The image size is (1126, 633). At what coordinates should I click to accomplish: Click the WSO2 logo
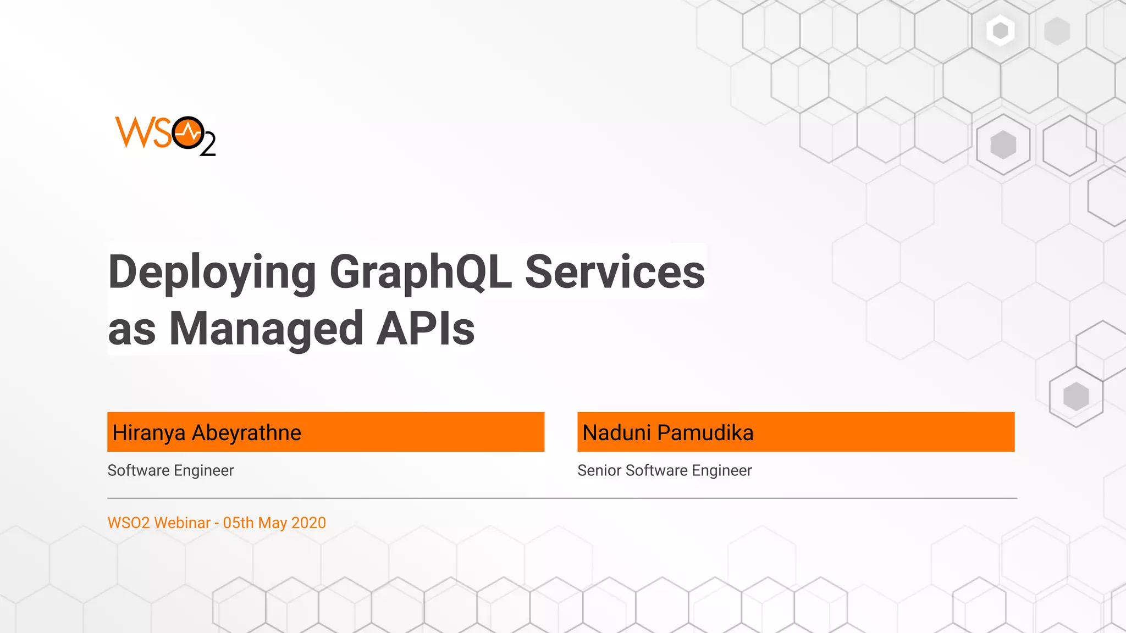coord(165,136)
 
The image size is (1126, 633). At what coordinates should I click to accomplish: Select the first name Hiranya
coord(149,433)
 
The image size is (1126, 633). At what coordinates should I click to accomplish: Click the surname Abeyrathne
coord(246,433)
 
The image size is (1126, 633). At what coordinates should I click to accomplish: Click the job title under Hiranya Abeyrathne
coord(170,470)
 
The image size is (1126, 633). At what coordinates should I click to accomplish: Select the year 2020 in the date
coord(308,523)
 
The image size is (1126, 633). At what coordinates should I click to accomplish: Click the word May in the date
coord(272,523)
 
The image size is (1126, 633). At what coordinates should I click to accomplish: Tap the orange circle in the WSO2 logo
coord(188,132)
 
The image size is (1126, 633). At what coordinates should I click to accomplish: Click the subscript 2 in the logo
coord(208,147)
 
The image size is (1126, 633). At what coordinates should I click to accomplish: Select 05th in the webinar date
coord(238,523)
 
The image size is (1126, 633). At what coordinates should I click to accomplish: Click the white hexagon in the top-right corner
coord(1000,30)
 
